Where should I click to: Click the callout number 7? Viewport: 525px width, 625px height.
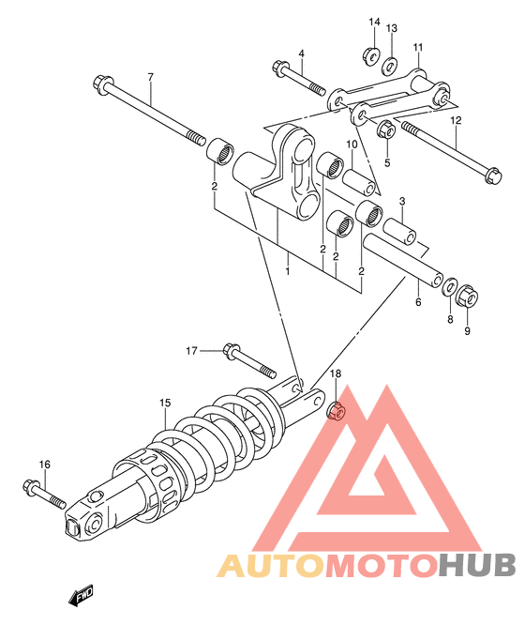pyautogui.click(x=150, y=77)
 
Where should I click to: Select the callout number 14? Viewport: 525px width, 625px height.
pyautogui.click(x=374, y=22)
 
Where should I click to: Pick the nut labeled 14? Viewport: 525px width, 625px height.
pyautogui.click(x=371, y=55)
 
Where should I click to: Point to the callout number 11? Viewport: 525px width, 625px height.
pyautogui.click(x=417, y=48)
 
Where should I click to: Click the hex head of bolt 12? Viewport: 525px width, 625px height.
pyautogui.click(x=493, y=175)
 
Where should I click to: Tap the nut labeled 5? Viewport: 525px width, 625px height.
pyautogui.click(x=386, y=130)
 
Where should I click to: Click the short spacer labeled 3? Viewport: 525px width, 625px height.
pyautogui.click(x=399, y=232)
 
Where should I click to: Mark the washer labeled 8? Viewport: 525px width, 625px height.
pyautogui.click(x=450, y=286)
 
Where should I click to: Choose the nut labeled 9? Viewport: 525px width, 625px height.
pyautogui.click(x=467, y=297)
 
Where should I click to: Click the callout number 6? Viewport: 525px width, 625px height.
pyautogui.click(x=418, y=302)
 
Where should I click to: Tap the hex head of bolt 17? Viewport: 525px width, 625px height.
pyautogui.click(x=232, y=350)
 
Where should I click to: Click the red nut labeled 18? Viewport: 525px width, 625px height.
pyautogui.click(x=337, y=411)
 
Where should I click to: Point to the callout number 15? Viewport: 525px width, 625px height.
pyautogui.click(x=165, y=403)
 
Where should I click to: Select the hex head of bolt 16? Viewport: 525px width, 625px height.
pyautogui.click(x=31, y=487)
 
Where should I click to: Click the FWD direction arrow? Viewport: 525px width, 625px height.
pyautogui.click(x=81, y=594)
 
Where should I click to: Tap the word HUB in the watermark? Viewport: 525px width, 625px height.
pyautogui.click(x=477, y=566)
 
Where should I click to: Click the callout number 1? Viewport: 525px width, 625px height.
pyautogui.click(x=288, y=271)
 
